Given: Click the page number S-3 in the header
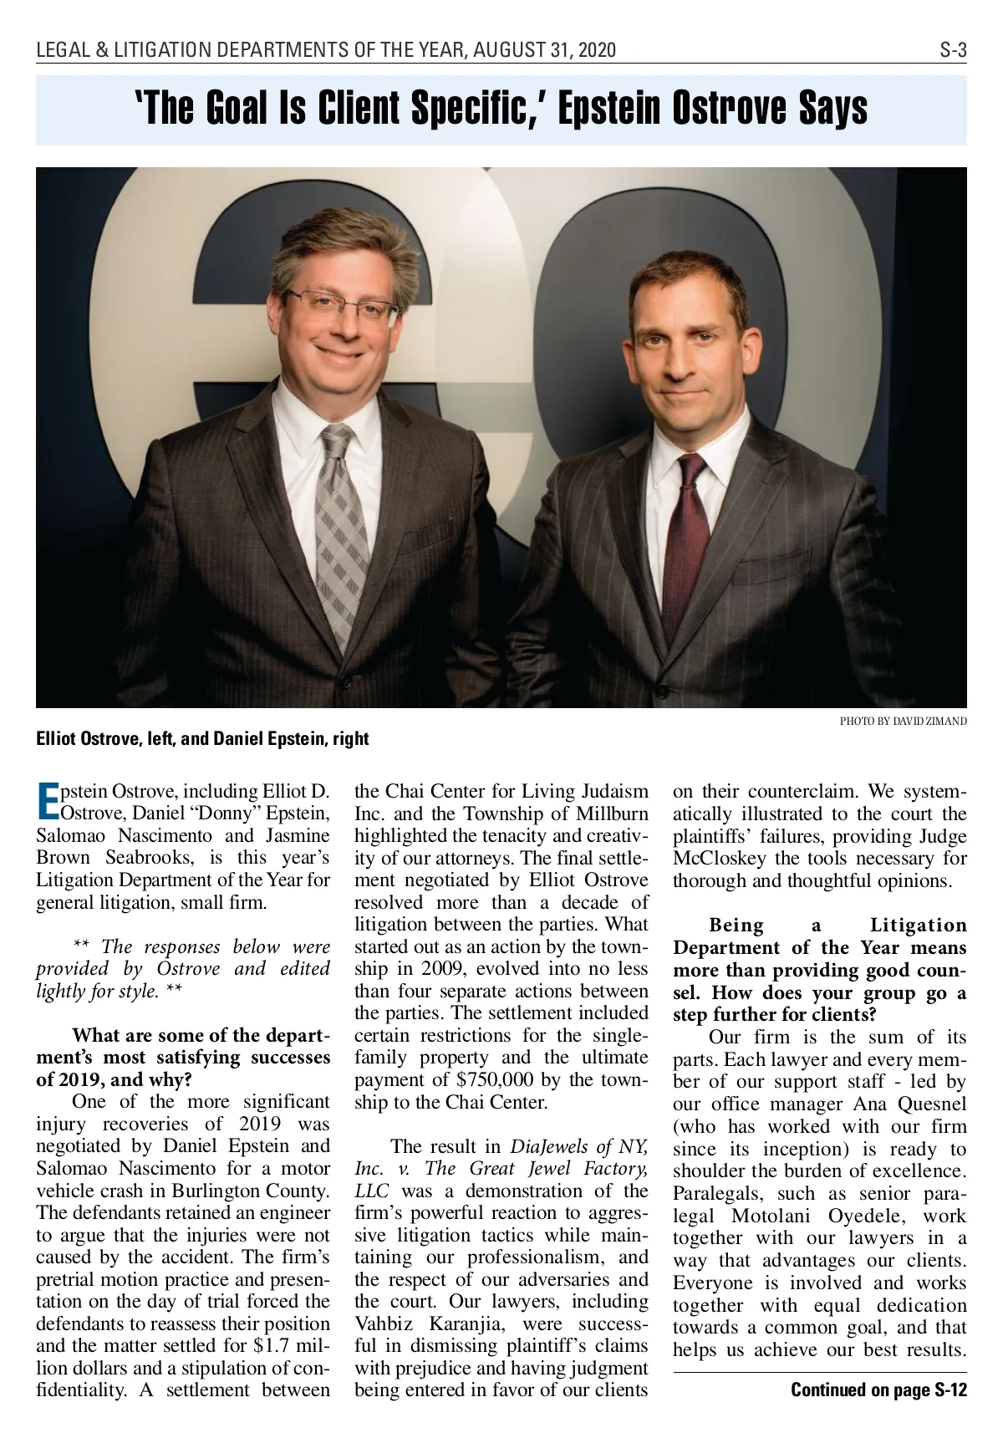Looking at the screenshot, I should click(952, 51).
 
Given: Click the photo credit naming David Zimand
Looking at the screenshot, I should click(903, 721).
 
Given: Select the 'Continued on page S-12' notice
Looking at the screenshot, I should click(878, 1390).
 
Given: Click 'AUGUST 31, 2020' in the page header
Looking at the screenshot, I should click(544, 51).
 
